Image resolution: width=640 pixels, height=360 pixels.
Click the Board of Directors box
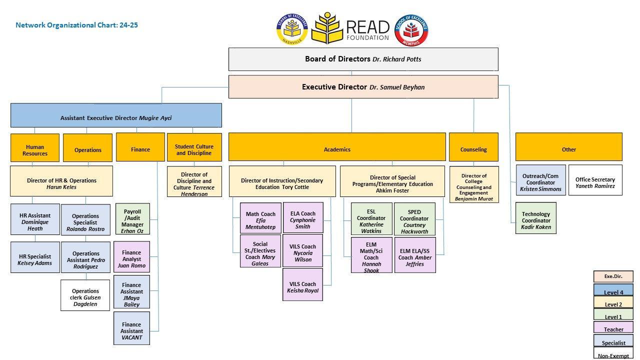point(363,59)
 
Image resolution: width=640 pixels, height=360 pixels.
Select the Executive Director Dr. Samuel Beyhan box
point(363,87)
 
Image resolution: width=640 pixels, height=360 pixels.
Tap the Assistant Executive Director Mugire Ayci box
point(116,115)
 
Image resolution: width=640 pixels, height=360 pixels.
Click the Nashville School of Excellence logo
point(292,29)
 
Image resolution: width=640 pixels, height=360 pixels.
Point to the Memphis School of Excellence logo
point(411,30)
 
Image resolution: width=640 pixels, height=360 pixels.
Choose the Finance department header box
point(140,147)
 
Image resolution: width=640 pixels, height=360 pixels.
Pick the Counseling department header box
point(473,147)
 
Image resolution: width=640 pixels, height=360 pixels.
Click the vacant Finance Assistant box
point(131,328)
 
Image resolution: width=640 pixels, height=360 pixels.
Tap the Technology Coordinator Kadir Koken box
point(536,218)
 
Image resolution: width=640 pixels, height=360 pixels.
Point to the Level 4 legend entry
point(613,290)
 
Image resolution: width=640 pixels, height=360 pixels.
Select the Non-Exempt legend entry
point(613,353)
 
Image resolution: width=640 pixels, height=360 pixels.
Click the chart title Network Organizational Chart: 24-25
point(76,25)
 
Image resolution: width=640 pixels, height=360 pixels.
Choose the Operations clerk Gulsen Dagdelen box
point(85,295)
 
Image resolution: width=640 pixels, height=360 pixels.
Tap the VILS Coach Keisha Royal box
point(302,284)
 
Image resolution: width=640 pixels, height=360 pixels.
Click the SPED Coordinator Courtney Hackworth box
point(414,219)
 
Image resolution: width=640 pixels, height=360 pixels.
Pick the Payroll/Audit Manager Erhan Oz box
point(132,219)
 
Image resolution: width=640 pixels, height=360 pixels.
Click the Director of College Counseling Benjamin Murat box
point(473,184)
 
